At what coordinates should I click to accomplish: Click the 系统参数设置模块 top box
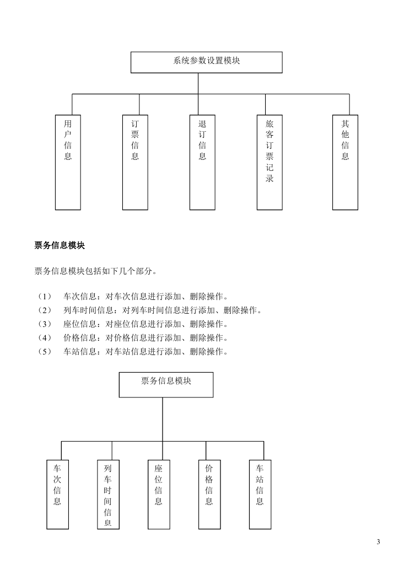[x=206, y=62]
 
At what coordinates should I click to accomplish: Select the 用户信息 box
[x=68, y=162]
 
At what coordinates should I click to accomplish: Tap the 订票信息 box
[x=135, y=162]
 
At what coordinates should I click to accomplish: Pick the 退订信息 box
[x=202, y=162]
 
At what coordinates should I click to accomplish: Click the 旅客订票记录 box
[x=270, y=162]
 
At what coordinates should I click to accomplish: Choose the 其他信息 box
[x=345, y=162]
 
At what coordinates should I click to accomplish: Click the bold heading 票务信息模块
[x=60, y=245]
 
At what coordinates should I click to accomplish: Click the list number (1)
[x=45, y=297]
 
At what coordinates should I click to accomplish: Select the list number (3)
[x=45, y=324]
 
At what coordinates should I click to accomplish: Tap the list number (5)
[x=45, y=352]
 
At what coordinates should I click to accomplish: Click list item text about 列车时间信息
[x=163, y=310]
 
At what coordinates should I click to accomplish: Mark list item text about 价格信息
[x=146, y=338]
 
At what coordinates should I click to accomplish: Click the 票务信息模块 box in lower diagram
[x=166, y=385]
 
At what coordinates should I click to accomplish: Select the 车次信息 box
[x=57, y=494]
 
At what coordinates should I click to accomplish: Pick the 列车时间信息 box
[x=109, y=494]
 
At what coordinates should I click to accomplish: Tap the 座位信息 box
[x=159, y=494]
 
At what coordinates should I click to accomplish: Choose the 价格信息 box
[x=209, y=494]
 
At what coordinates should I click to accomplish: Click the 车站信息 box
[x=260, y=494]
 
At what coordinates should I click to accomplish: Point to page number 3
[x=379, y=542]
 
